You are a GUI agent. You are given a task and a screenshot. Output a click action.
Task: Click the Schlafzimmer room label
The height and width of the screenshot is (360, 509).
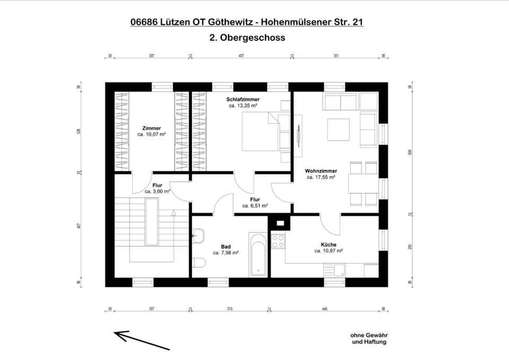tap(243, 100)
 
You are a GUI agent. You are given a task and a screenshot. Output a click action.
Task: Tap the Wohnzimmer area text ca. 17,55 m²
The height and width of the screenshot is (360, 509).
tap(321, 178)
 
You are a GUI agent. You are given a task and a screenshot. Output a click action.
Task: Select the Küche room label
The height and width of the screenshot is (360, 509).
tap(329, 244)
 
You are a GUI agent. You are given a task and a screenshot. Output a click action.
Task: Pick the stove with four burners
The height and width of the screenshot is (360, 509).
tap(278, 242)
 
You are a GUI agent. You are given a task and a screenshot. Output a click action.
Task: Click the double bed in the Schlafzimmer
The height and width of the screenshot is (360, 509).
tap(260, 132)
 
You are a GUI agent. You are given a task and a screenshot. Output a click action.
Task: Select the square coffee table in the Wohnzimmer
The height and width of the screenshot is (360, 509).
tap(338, 130)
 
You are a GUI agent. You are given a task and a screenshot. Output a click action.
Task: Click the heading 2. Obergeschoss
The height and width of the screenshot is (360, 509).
tap(247, 38)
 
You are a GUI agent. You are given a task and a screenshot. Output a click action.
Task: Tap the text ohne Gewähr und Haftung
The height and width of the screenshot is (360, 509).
tap(368, 338)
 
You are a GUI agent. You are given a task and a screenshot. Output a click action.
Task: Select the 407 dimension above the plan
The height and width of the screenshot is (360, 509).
tap(241, 55)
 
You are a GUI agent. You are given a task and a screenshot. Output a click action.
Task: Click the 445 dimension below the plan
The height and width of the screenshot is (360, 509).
tap(324, 309)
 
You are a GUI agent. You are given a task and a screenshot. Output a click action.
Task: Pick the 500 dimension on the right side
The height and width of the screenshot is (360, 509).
tap(409, 152)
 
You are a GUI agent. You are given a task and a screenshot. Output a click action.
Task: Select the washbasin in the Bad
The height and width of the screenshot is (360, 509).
tap(198, 234)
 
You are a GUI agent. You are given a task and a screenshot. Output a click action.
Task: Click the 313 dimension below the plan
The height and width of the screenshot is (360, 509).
tap(230, 309)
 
